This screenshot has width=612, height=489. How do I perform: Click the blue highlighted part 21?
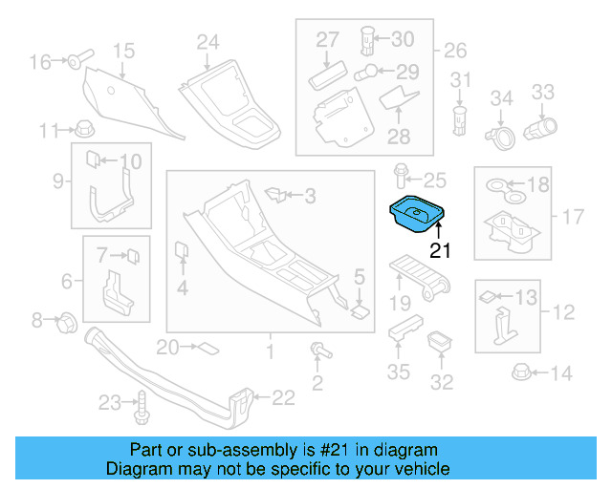pos(417,214)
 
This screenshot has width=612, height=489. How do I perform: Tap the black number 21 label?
pos(439,251)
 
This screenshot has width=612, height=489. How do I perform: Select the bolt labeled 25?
pos(401,179)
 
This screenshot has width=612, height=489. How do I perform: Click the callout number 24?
pos(208,42)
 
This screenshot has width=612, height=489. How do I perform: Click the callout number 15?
pos(124,50)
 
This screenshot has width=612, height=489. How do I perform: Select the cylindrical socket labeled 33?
pos(540,125)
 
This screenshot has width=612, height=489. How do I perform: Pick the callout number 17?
pos(572,217)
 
